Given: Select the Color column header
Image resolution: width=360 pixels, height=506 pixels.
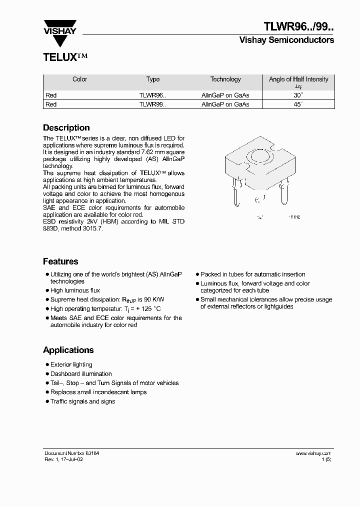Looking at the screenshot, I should pyautogui.click(x=80, y=79).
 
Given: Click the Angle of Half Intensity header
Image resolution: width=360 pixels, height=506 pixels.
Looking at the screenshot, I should pyautogui.click(x=298, y=79).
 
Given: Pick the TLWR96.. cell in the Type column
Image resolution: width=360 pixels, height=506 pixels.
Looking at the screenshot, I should pyautogui.click(x=152, y=95).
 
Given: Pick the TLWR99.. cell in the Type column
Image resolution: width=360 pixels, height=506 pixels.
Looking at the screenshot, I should pyautogui.click(x=152, y=104).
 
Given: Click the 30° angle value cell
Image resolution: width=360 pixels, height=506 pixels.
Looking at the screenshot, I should pyautogui.click(x=298, y=95).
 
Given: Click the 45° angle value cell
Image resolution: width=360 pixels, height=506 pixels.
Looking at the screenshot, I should pyautogui.click(x=298, y=104).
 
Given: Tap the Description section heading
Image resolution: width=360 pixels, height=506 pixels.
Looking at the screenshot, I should pyautogui.click(x=66, y=127).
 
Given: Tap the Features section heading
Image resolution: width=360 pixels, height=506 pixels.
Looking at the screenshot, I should pyautogui.click(x=60, y=261).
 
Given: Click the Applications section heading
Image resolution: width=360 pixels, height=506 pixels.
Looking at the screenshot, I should pyautogui.click(x=68, y=350).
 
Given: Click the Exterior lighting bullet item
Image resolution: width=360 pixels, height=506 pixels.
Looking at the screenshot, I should pyautogui.click(x=71, y=365).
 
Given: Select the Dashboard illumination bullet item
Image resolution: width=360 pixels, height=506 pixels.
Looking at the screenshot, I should pyautogui.click(x=81, y=374).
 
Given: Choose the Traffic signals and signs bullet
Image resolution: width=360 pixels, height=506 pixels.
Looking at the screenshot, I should pyautogui.click(x=82, y=401).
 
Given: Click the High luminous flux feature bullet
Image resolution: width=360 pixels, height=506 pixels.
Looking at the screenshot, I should pyautogui.click(x=75, y=290).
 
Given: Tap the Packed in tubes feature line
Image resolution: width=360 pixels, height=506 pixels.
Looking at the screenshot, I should pyautogui.click(x=252, y=274).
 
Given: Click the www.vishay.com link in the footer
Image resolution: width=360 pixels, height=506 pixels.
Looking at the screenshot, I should pyautogui.click(x=313, y=453).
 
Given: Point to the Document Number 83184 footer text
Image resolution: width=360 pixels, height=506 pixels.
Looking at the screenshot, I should pyautogui.click(x=72, y=453).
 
